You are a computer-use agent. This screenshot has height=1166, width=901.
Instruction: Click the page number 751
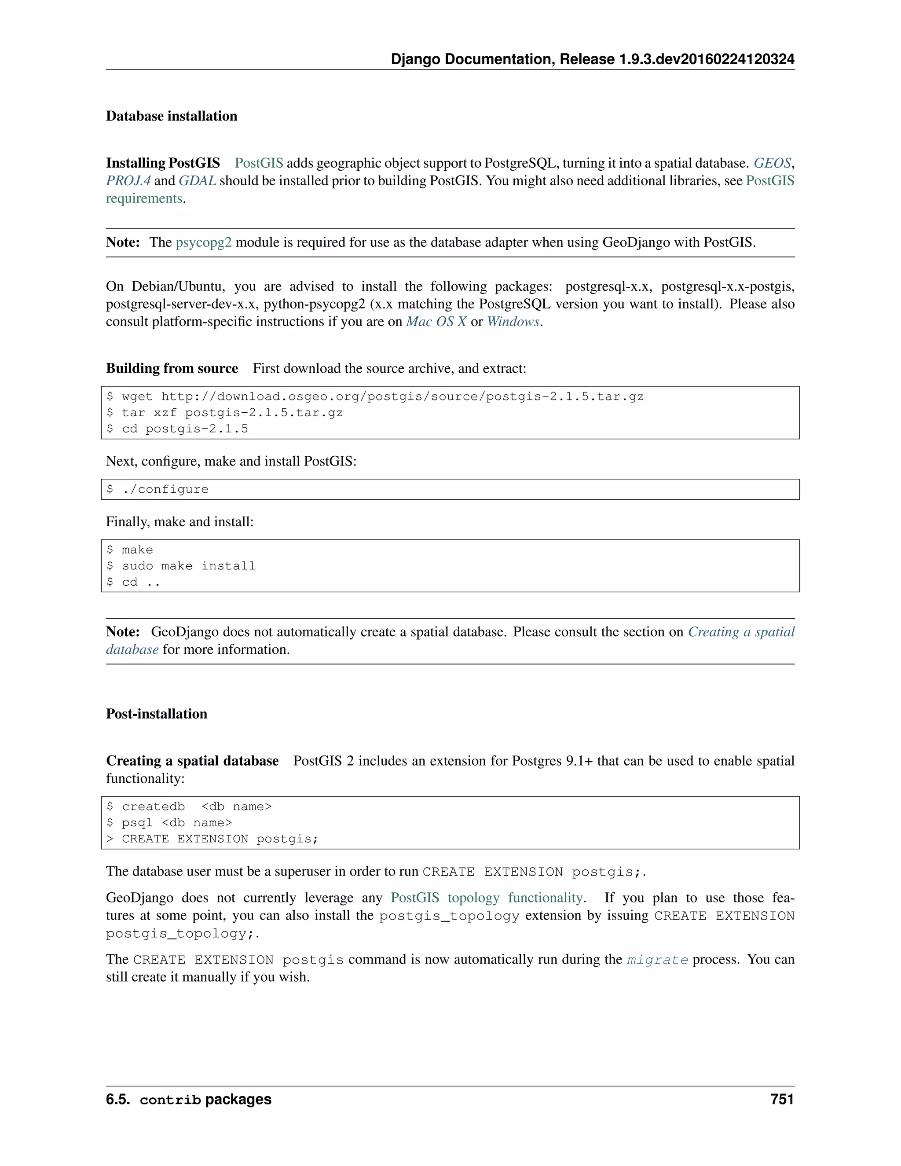(782, 1099)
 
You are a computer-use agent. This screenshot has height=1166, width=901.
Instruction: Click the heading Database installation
(171, 116)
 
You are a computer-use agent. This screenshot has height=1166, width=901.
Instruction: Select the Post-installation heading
(156, 714)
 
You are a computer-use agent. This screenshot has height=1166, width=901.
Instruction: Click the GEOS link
(772, 163)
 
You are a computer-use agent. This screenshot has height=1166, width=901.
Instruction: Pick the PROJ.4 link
(128, 180)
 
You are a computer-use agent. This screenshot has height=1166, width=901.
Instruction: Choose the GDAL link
(197, 180)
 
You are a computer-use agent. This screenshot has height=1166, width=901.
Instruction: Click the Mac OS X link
(436, 321)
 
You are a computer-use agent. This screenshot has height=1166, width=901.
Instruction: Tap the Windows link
(513, 321)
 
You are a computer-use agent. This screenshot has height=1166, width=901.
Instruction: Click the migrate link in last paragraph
(657, 960)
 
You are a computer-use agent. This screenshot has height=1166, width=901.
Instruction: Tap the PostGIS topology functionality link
(486, 898)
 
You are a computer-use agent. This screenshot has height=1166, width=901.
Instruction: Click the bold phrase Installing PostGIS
(163, 163)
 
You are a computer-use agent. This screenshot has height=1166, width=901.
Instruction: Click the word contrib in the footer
(170, 1100)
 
